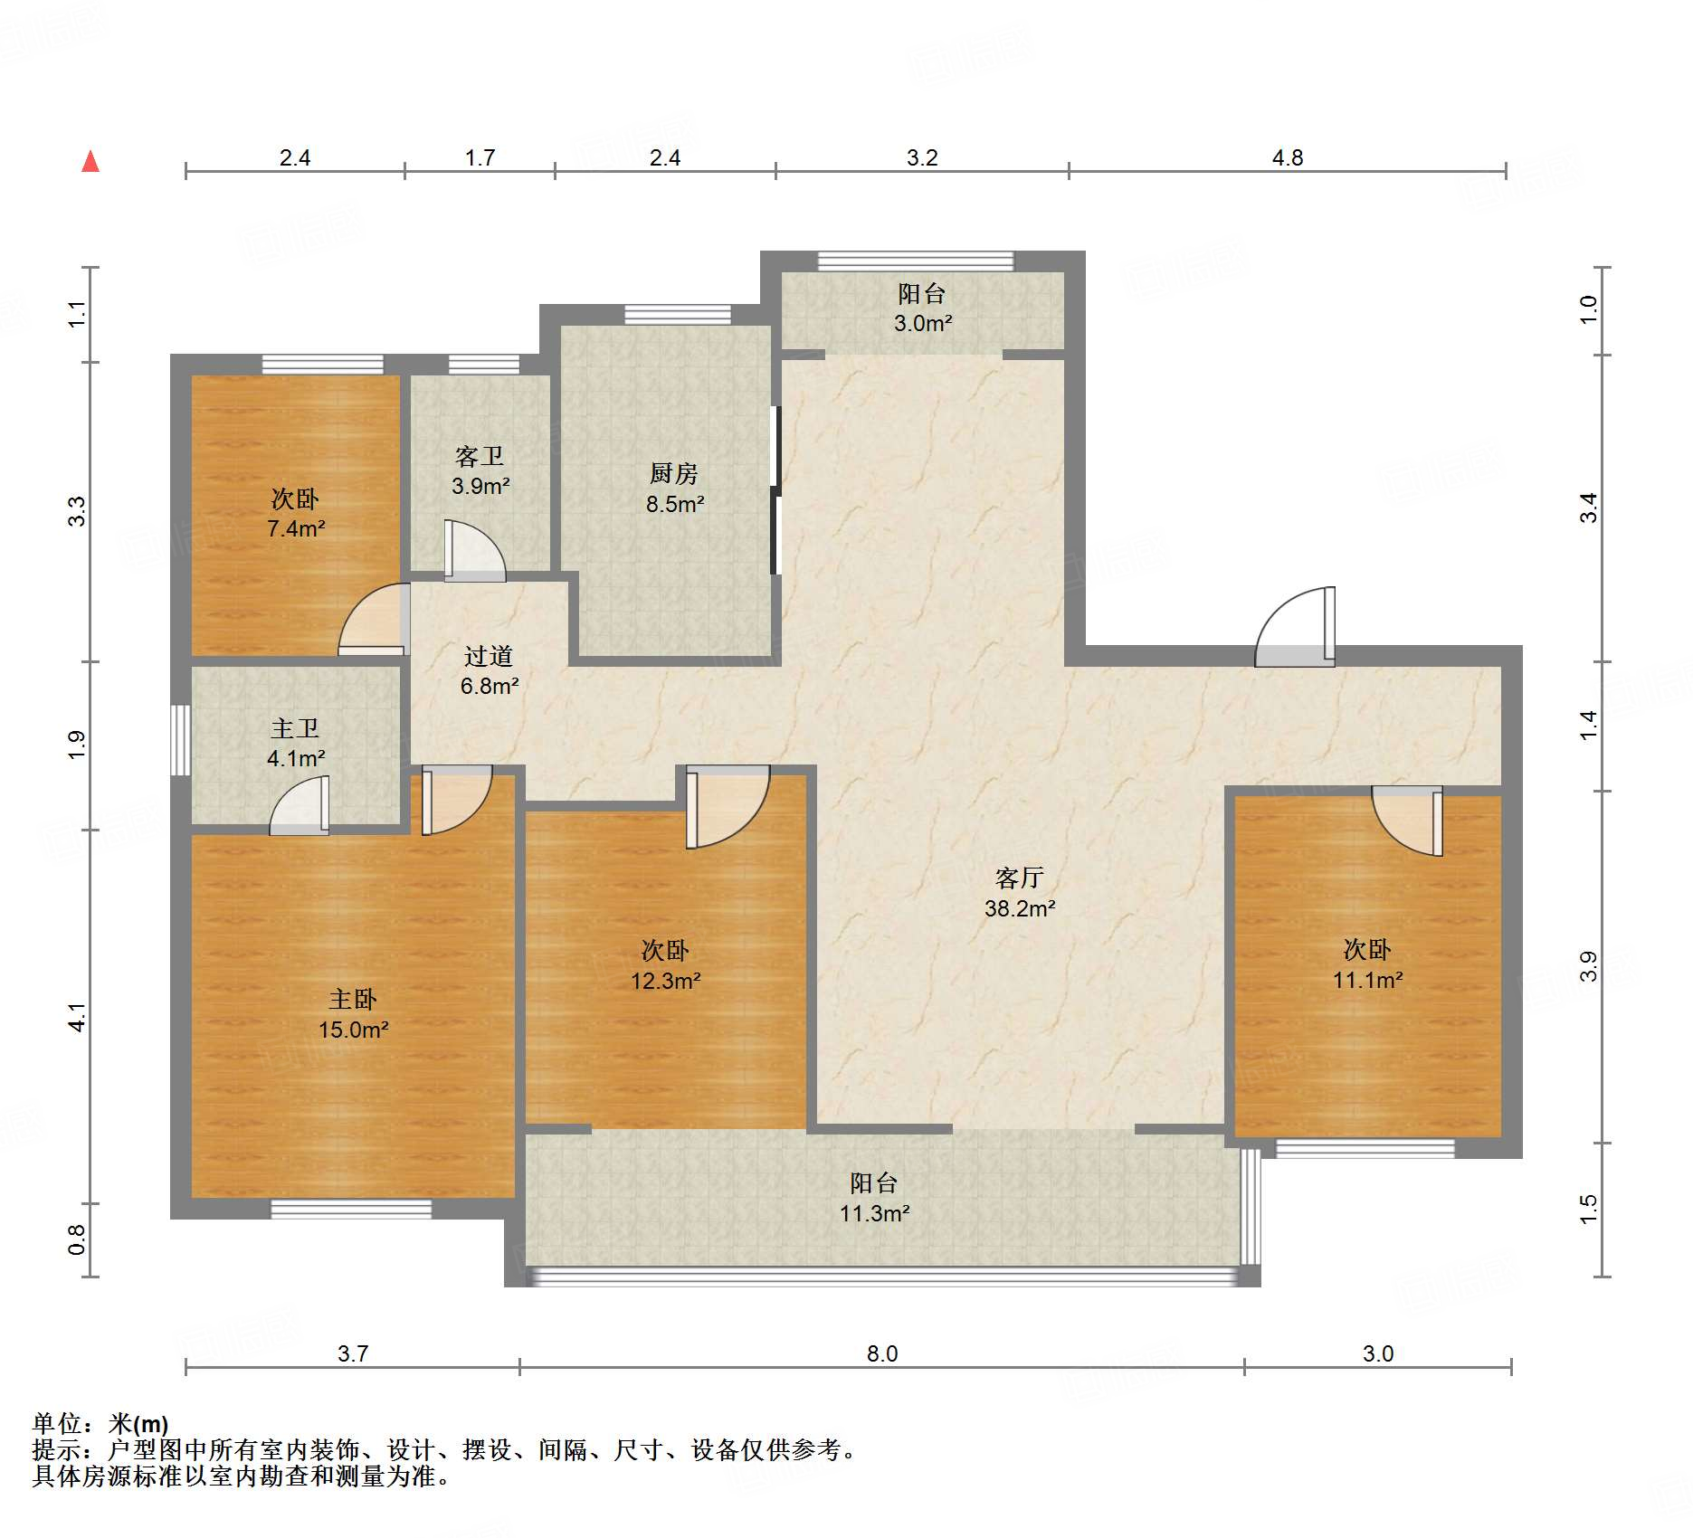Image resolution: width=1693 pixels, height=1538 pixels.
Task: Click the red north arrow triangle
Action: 90,161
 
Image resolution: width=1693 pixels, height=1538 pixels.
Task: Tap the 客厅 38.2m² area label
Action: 1020,893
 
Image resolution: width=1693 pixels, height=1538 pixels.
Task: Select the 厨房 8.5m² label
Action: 674,489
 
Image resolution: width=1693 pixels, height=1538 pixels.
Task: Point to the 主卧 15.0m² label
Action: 353,1014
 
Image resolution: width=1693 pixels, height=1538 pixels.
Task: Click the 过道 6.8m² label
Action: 489,670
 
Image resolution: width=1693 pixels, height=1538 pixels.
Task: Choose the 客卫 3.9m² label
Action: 480,470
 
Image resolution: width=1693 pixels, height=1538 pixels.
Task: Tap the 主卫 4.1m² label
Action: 296,743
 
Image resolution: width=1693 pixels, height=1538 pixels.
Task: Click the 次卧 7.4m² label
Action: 296,513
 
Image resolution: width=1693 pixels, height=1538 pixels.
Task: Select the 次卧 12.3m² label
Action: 666,965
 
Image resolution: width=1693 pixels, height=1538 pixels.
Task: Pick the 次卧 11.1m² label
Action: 1367,964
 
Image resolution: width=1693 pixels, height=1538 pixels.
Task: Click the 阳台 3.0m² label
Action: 922,308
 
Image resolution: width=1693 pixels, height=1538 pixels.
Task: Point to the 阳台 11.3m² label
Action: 874,1198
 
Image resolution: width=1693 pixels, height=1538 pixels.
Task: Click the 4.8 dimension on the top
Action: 1288,158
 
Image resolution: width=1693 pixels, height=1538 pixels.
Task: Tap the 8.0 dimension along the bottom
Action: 882,1353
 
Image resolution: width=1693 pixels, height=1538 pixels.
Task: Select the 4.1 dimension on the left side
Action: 78,1017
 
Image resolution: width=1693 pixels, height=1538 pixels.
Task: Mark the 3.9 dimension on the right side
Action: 1589,966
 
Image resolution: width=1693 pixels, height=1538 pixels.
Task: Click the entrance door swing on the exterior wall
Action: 1295,627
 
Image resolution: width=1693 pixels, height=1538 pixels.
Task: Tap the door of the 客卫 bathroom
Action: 474,550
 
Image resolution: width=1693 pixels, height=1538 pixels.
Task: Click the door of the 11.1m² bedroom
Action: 1407,821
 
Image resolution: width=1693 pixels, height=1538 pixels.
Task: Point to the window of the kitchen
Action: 678,315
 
